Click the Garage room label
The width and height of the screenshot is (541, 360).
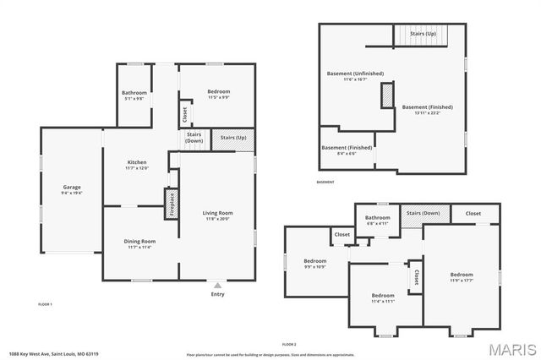pyautogui.click(x=71, y=189)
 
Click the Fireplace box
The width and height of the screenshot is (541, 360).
pyautogui.click(x=170, y=204)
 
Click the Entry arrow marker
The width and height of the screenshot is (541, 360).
pyautogui.click(x=218, y=286)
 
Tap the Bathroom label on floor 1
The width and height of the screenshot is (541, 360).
pyautogui.click(x=134, y=95)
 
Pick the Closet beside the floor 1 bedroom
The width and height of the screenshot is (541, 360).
pyautogui.click(x=184, y=112)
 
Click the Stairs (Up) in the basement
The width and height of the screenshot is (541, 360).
pyautogui.click(x=423, y=35)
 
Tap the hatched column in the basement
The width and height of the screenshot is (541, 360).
pyautogui.click(x=389, y=95)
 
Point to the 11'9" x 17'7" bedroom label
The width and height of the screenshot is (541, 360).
pyautogui.click(x=462, y=277)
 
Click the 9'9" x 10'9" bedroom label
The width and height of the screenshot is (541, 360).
pyautogui.click(x=315, y=263)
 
